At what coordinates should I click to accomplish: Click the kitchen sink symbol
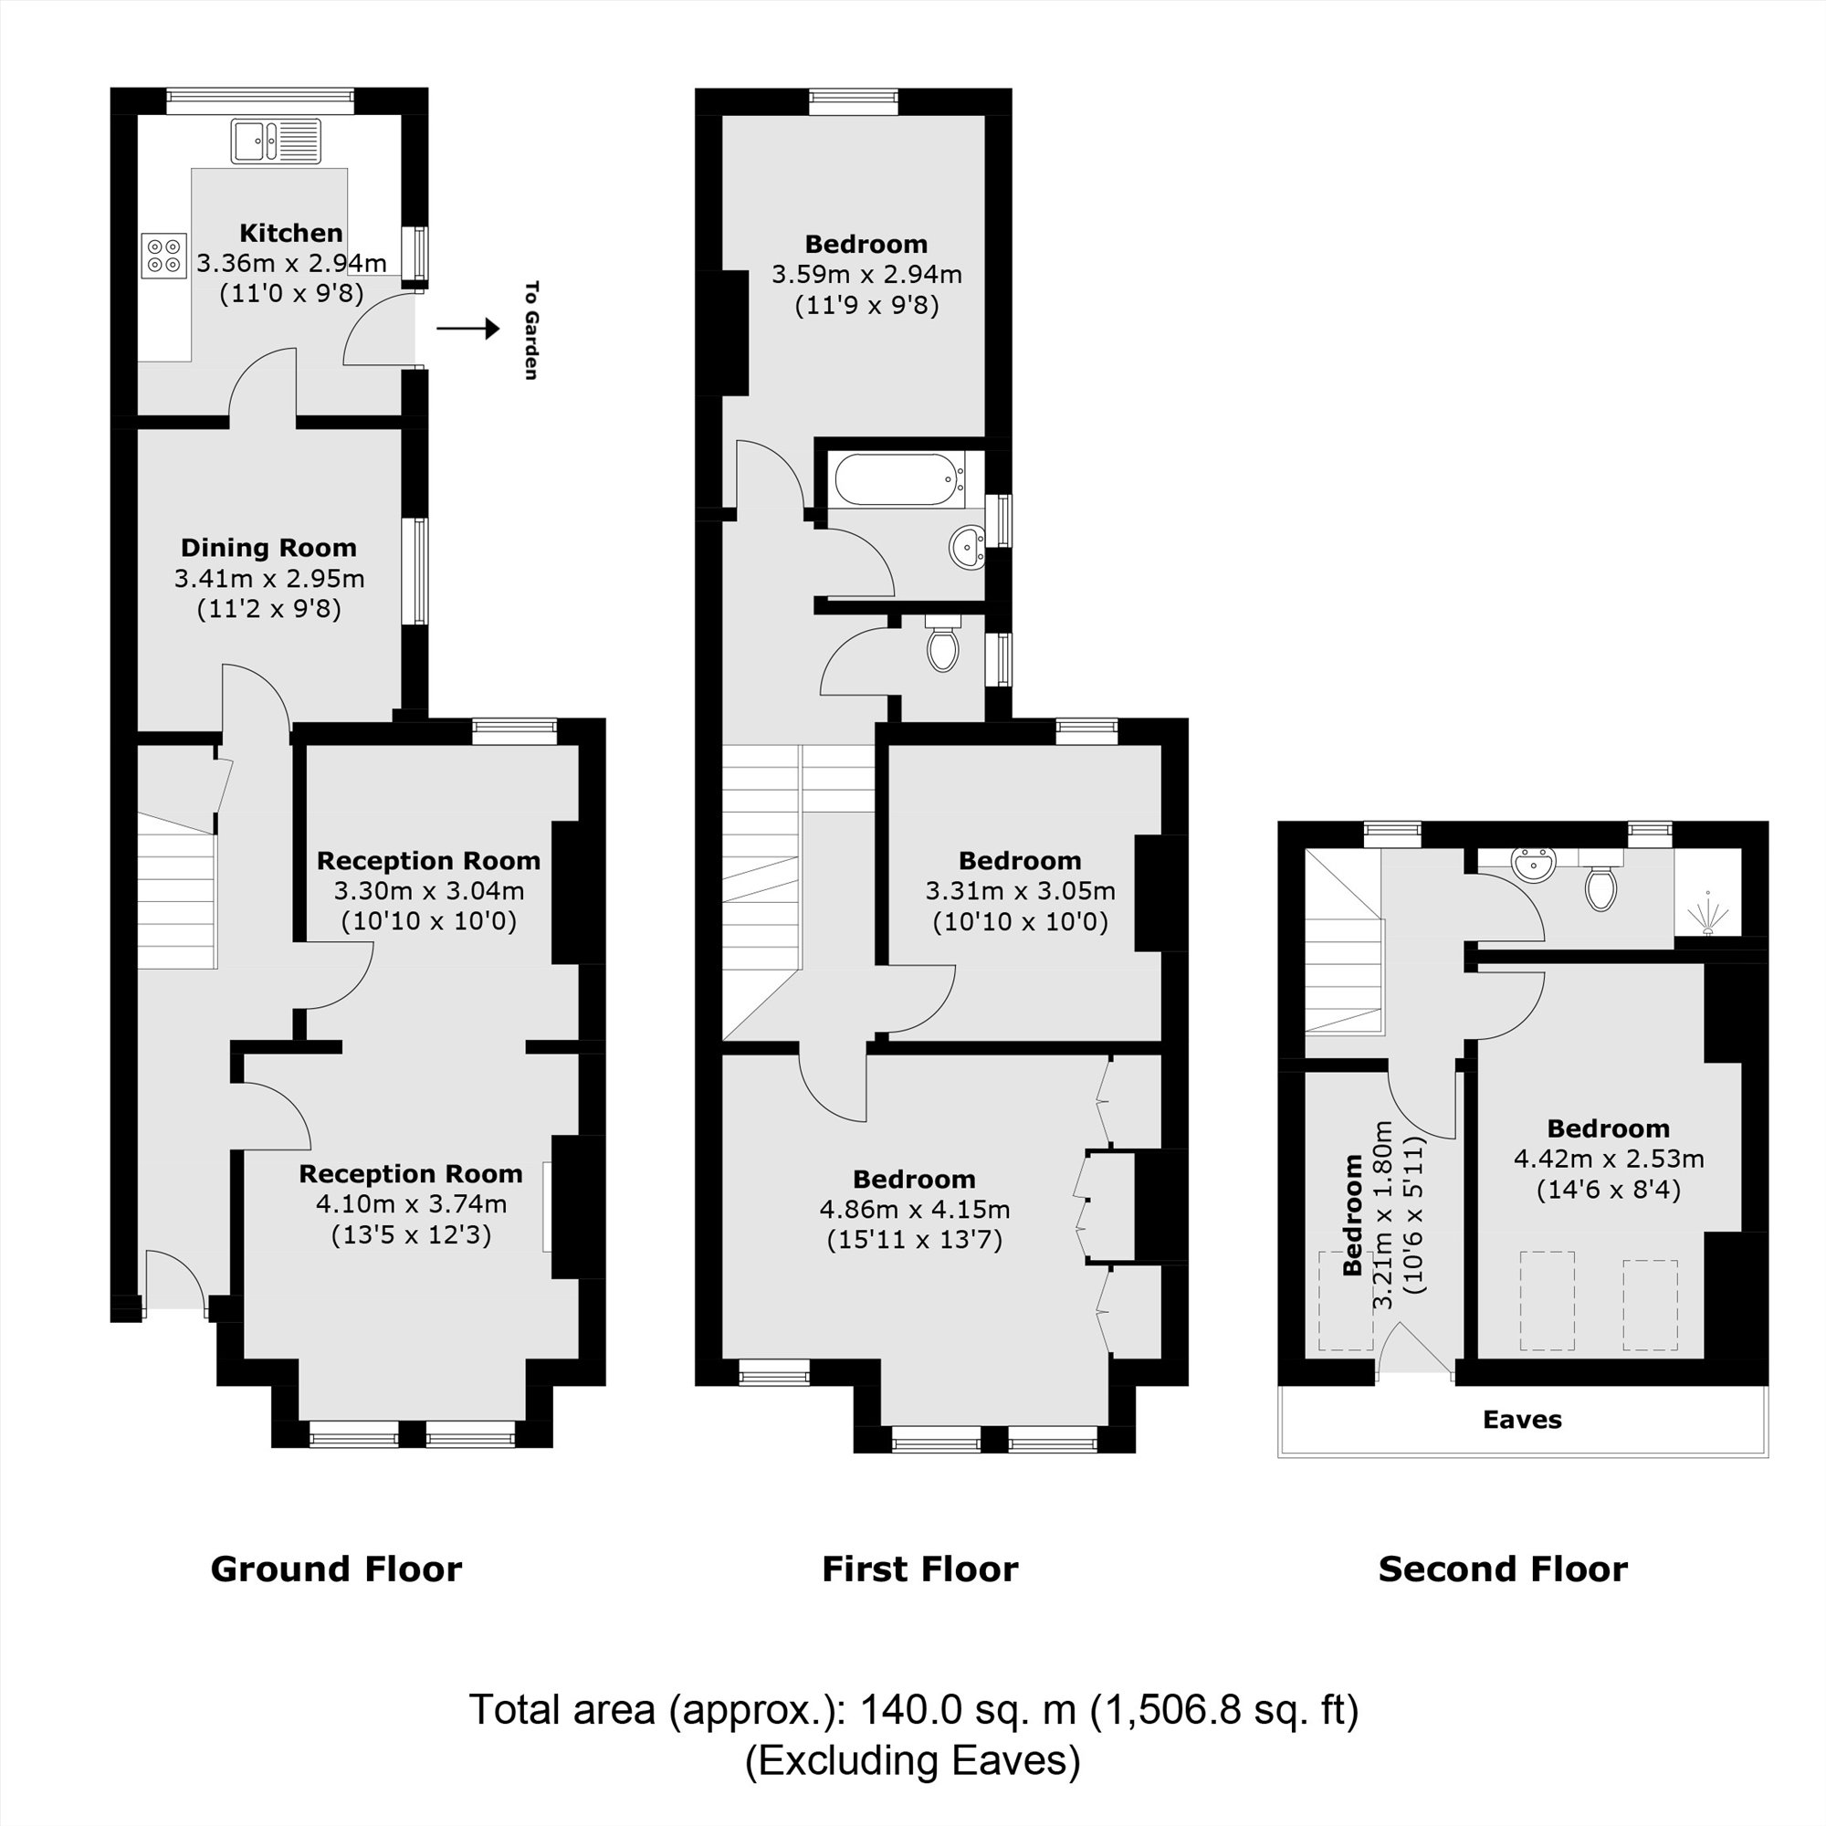click(x=276, y=141)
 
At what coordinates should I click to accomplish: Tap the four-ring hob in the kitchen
click(x=163, y=257)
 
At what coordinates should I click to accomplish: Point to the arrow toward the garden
click(x=467, y=329)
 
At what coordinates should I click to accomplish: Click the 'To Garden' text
click(x=531, y=330)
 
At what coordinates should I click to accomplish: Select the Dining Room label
click(x=268, y=547)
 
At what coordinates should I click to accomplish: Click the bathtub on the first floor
click(x=898, y=480)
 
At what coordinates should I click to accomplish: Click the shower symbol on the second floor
click(x=1708, y=913)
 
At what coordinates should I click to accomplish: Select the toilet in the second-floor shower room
click(x=1600, y=886)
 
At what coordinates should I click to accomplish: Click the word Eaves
click(x=1522, y=1420)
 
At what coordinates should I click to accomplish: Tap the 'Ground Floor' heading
click(x=337, y=1569)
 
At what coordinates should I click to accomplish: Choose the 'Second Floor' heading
click(x=1503, y=1569)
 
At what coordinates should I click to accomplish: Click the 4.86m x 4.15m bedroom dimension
click(x=914, y=1209)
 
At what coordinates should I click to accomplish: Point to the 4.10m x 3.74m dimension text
click(x=411, y=1204)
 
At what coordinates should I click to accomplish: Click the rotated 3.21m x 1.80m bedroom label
click(x=1382, y=1214)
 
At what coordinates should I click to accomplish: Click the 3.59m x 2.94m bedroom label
click(x=866, y=274)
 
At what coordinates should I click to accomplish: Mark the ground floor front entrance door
click(x=176, y=1282)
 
